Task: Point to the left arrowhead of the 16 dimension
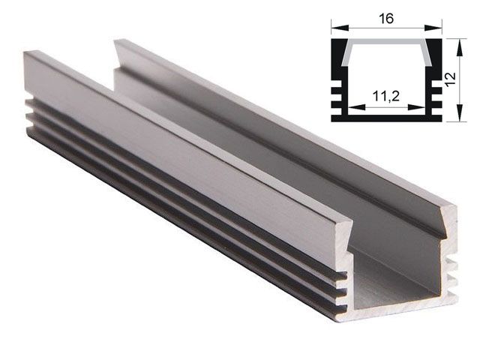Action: [x=334, y=30]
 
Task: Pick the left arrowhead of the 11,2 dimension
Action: [x=352, y=108]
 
